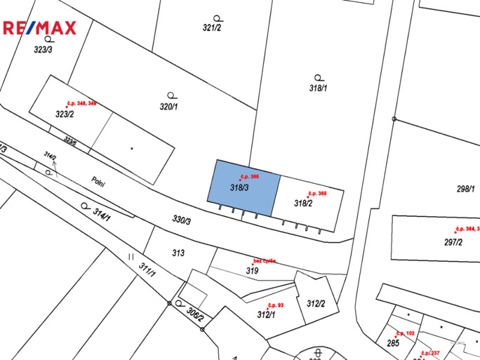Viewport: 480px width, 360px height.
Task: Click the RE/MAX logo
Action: [x=39, y=28]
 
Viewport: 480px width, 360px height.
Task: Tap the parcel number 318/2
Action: [x=303, y=204]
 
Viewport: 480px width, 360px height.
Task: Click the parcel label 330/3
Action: [x=181, y=220]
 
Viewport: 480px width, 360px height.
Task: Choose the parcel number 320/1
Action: [x=168, y=107]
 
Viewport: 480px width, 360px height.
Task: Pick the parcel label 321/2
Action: [x=212, y=28]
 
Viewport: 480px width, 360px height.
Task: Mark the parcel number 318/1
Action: [x=319, y=88]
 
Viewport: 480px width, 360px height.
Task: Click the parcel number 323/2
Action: [x=65, y=114]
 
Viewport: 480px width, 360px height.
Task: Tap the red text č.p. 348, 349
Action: [x=81, y=103]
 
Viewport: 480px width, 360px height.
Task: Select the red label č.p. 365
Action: [x=317, y=193]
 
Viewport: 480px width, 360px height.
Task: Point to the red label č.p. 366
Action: [x=250, y=176]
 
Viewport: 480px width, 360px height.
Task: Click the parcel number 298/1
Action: [x=465, y=189]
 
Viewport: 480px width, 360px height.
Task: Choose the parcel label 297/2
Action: [x=453, y=242]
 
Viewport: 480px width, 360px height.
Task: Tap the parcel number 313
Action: [x=178, y=253]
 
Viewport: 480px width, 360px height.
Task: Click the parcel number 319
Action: [x=252, y=270]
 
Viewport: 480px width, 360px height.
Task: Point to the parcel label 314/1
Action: [x=102, y=215]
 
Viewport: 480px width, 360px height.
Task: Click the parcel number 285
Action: [x=393, y=343]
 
